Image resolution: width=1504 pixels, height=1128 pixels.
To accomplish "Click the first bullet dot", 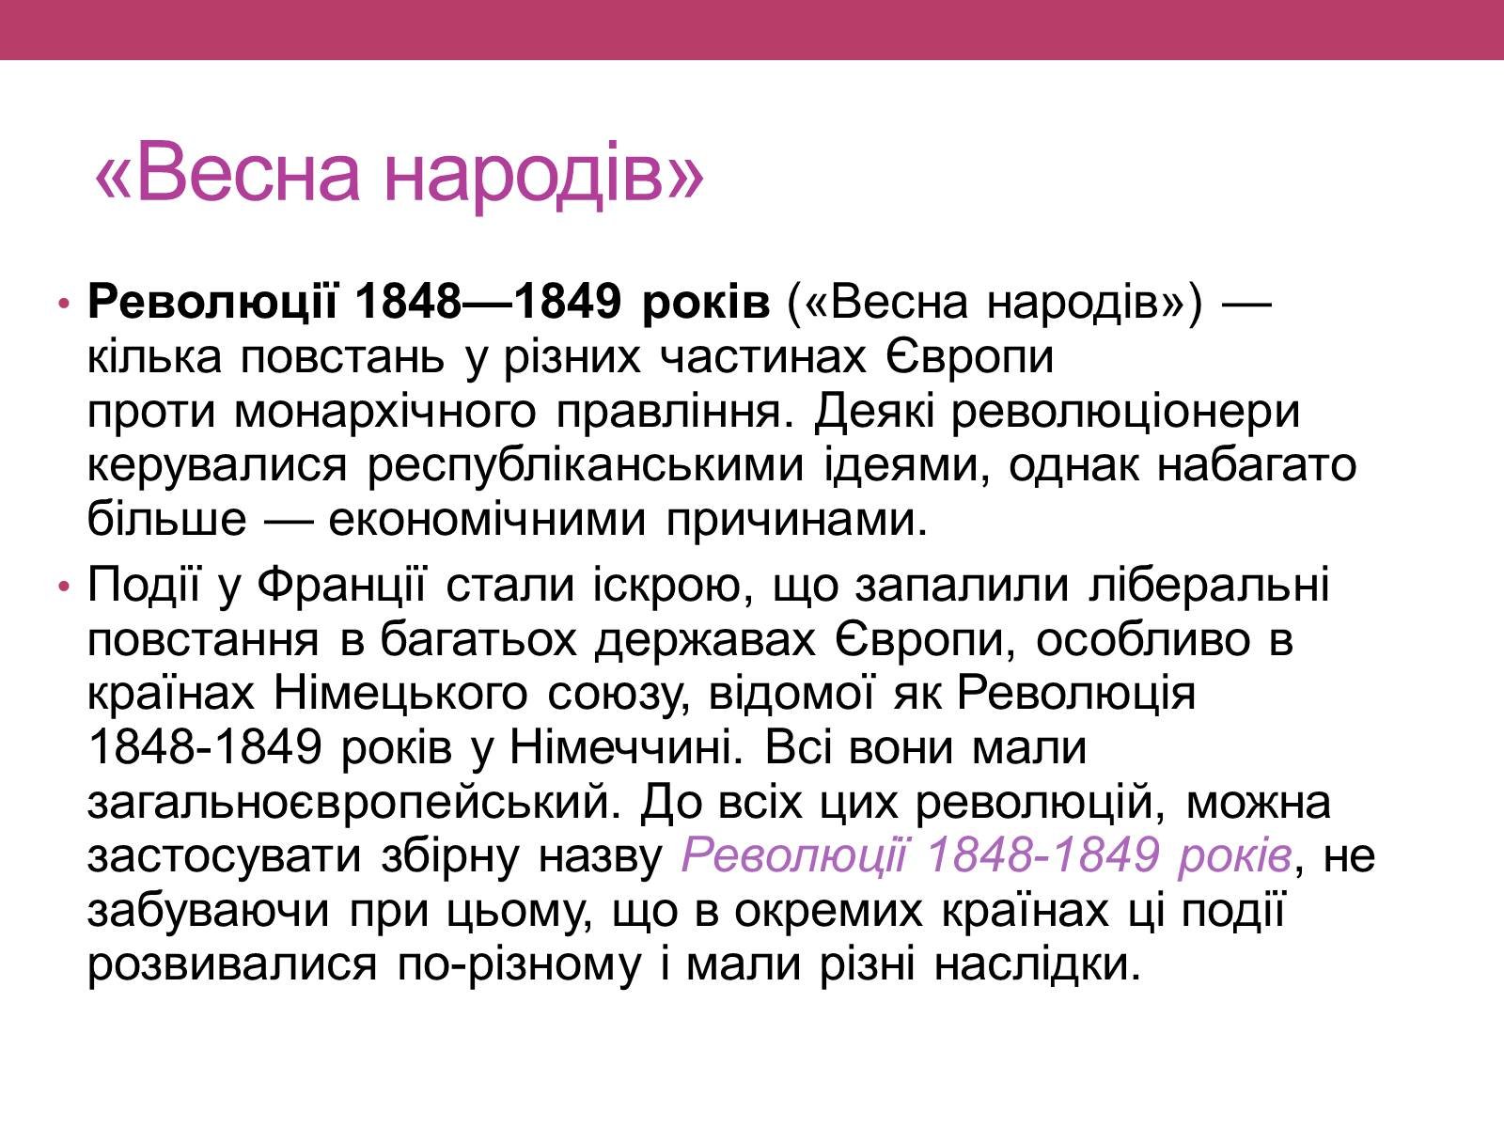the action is point(65,303).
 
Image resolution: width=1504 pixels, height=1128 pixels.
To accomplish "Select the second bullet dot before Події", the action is point(65,587).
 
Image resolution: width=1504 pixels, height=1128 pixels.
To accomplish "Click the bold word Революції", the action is point(211,302).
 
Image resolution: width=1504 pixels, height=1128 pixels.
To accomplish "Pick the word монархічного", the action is point(385,413).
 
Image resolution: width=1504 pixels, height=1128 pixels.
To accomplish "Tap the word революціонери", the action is point(1126,413).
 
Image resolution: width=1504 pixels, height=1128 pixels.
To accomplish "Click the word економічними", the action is point(487,520).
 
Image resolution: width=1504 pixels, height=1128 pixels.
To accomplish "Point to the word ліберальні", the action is point(1210,587).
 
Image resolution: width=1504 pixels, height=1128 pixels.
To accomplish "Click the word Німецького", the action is point(400,695).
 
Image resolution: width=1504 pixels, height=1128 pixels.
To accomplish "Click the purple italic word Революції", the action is point(794,855).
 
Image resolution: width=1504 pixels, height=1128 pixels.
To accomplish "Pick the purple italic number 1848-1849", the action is point(1042,855).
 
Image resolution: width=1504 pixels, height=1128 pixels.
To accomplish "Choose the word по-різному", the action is point(520,966).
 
